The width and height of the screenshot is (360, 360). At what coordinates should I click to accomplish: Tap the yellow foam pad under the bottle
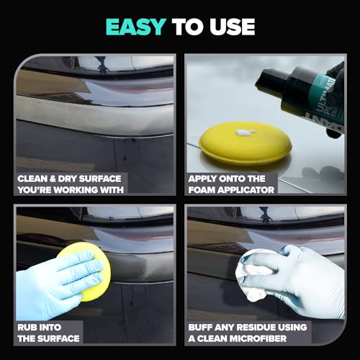[238, 143]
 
